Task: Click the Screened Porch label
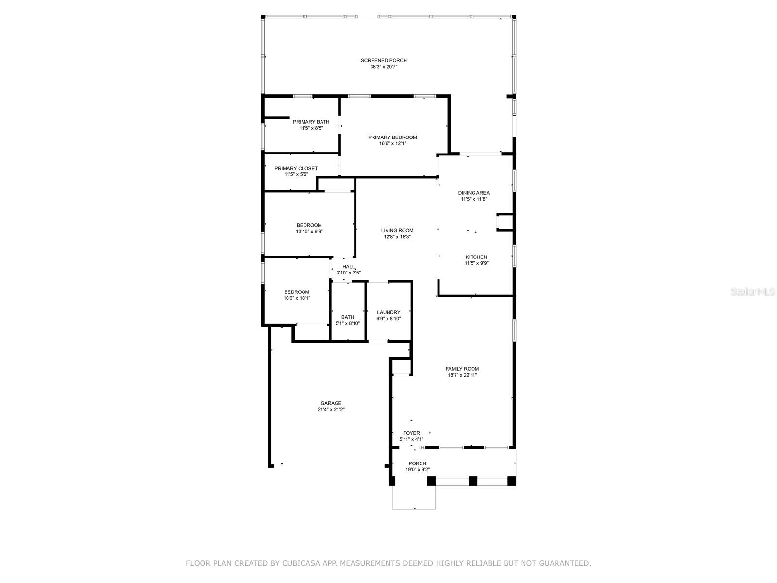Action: click(384, 61)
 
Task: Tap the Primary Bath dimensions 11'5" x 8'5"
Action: click(311, 128)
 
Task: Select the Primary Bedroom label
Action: click(392, 137)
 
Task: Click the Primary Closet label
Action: click(296, 168)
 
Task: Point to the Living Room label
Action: click(397, 231)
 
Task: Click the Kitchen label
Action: click(476, 257)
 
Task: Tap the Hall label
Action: click(348, 267)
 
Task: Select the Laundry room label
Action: click(388, 312)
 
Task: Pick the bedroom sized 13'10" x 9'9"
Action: click(309, 225)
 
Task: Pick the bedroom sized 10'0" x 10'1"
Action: click(297, 292)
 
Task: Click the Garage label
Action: click(331, 403)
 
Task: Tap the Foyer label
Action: click(411, 433)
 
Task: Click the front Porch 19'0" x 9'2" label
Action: click(417, 463)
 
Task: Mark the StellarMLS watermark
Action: click(752, 291)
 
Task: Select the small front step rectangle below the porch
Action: click(414, 497)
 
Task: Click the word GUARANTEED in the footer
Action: click(564, 564)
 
